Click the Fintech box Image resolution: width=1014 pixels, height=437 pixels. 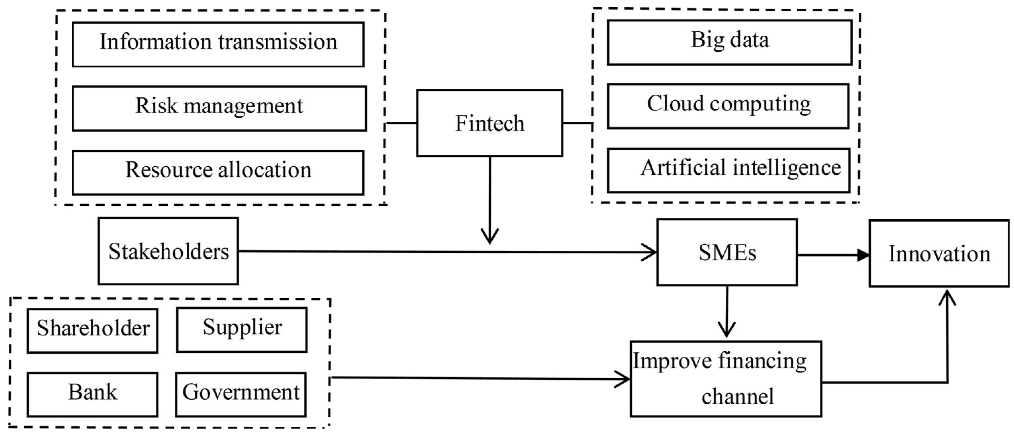(489, 123)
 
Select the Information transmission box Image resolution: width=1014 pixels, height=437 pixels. (218, 44)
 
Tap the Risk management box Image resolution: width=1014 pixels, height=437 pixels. (219, 108)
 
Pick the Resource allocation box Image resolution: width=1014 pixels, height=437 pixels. (218, 172)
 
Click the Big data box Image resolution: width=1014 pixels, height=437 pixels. (729, 42)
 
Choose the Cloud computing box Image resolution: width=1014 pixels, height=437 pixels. (728, 106)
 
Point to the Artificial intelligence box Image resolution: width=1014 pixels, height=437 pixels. (729, 170)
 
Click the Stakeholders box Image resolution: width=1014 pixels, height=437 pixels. (169, 251)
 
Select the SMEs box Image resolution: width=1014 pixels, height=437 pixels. (727, 252)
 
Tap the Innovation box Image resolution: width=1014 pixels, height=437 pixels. (939, 253)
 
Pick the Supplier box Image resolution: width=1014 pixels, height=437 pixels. (242, 329)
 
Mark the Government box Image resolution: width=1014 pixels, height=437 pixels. (241, 395)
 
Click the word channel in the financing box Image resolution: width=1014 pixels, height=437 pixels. (737, 396)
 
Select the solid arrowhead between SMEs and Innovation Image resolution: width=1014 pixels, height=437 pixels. (863, 255)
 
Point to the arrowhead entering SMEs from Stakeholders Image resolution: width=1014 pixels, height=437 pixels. (650, 252)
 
